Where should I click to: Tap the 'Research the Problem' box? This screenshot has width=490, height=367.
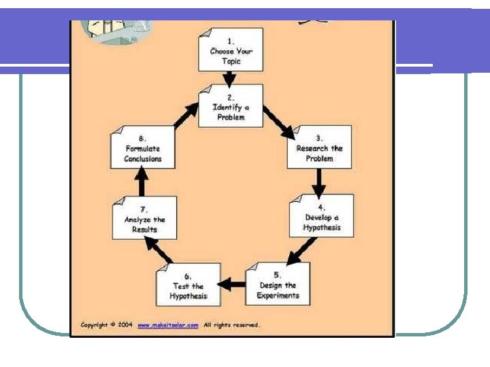(319, 147)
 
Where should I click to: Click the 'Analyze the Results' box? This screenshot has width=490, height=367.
(144, 218)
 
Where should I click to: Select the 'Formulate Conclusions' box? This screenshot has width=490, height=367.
(142, 147)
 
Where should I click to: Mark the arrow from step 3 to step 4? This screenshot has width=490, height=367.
(318, 181)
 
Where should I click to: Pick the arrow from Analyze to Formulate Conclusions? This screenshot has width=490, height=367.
(142, 182)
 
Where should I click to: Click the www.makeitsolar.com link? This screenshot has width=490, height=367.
(168, 325)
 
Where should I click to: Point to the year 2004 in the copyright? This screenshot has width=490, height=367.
(125, 325)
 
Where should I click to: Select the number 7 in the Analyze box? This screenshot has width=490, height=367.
(144, 209)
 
